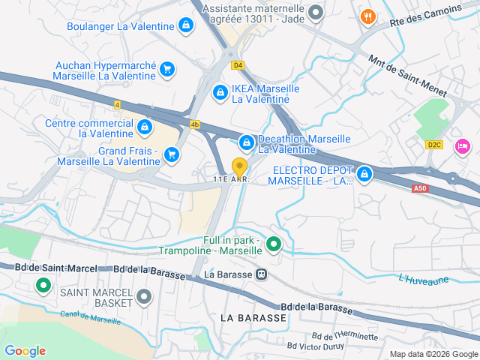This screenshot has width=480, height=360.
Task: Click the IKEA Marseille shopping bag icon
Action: (x=220, y=92)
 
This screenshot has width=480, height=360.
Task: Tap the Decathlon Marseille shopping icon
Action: (x=246, y=142)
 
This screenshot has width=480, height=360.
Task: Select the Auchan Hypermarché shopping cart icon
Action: (x=168, y=70)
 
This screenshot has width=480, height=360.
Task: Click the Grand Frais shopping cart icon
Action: (x=172, y=154)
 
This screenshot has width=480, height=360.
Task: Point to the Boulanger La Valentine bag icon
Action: (x=185, y=26)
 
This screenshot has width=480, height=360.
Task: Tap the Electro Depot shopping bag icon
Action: (x=364, y=175)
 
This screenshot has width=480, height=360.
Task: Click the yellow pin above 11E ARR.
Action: (x=239, y=166)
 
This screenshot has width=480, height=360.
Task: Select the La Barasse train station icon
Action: (x=261, y=274)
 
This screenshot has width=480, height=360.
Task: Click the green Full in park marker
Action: (x=274, y=244)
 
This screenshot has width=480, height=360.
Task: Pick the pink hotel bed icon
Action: (x=463, y=145)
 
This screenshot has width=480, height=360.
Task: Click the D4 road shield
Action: (x=238, y=65)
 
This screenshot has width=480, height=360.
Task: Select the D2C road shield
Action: (x=434, y=145)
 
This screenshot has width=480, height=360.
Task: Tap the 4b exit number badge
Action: (x=196, y=124)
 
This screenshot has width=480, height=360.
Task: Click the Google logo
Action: (x=25, y=351)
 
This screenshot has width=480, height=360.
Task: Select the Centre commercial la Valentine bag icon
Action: (x=145, y=125)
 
